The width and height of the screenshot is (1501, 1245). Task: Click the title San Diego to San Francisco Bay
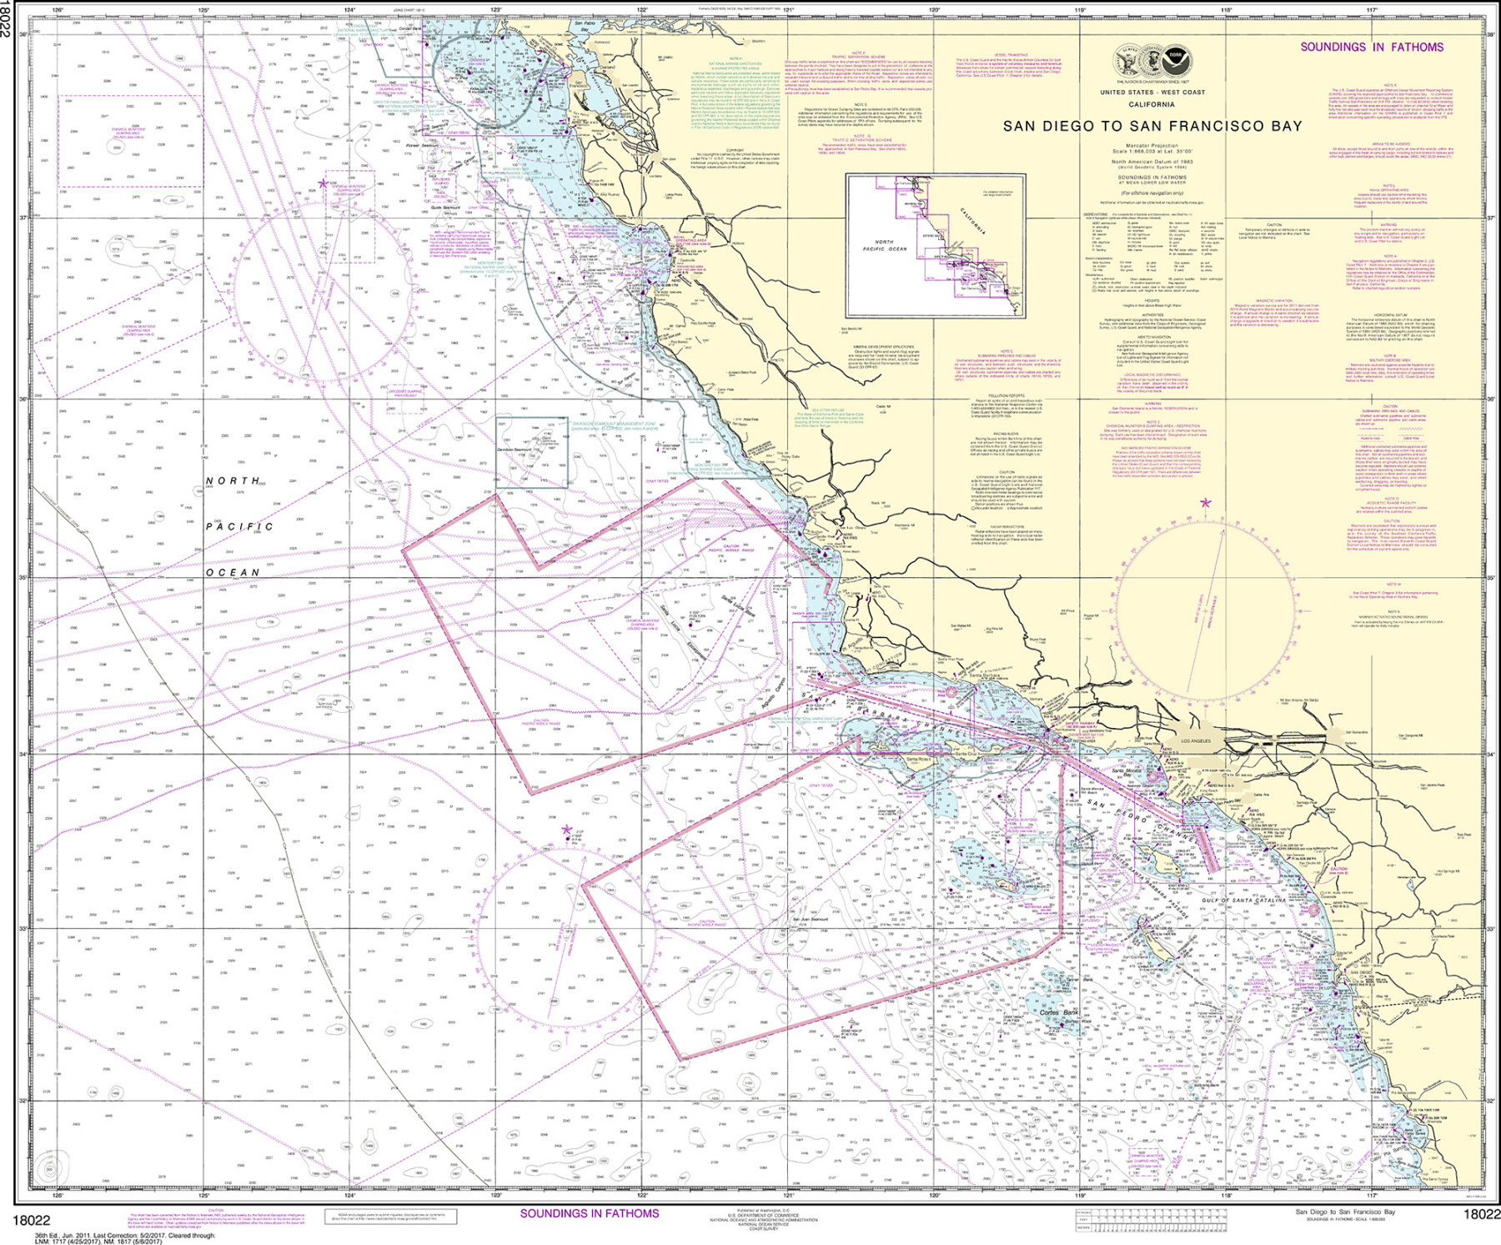tap(1152, 126)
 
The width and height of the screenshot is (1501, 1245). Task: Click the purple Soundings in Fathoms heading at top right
tap(1371, 47)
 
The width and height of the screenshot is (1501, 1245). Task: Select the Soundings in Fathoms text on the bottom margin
tap(589, 1213)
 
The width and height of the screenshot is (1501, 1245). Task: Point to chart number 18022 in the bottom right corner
tap(1480, 1215)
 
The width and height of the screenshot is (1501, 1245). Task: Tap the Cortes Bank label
tap(1059, 1012)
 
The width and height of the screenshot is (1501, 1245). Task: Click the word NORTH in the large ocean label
tap(233, 481)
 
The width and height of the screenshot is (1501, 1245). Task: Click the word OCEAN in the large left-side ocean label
tap(233, 572)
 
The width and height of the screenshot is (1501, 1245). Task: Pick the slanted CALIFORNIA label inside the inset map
tap(971, 220)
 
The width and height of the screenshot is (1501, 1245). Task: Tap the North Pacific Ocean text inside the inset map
tap(884, 245)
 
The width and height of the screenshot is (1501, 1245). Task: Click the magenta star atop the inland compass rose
tap(1205, 503)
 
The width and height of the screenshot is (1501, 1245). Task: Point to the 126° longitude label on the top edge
tap(58, 11)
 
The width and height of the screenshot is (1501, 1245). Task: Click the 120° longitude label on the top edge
tap(934, 11)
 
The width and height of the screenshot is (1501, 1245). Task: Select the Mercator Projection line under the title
tap(1152, 145)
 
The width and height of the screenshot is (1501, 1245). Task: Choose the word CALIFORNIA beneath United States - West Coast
tap(1152, 105)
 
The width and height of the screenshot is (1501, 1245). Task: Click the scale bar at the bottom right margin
tap(1151, 1221)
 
